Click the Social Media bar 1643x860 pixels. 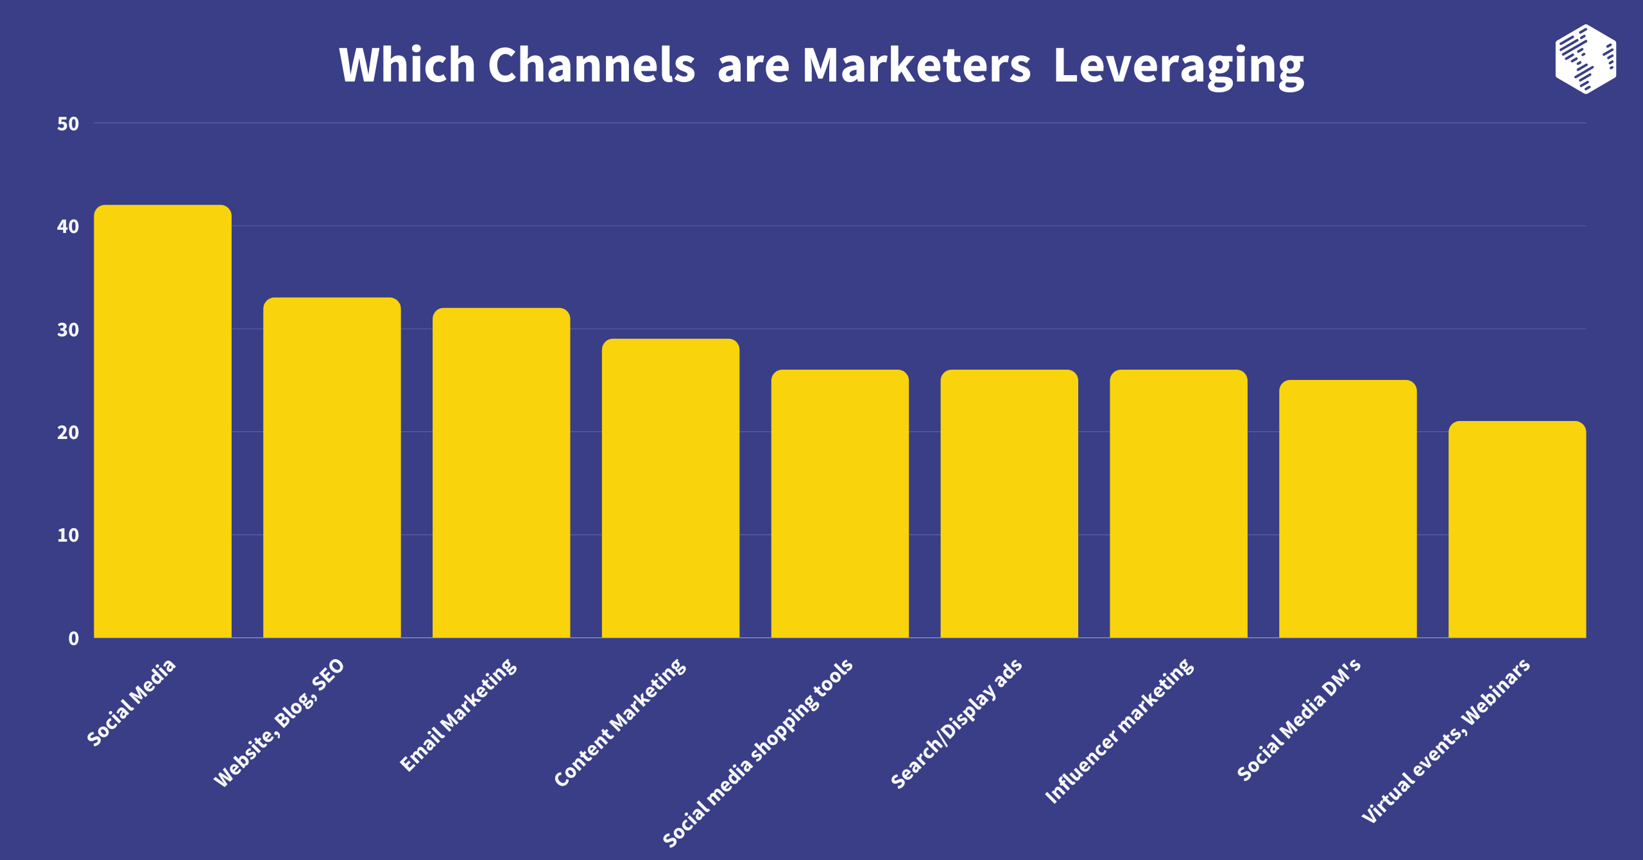point(162,421)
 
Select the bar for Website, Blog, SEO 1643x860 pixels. point(332,467)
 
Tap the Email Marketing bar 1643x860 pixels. point(501,472)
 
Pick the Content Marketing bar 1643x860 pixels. point(671,488)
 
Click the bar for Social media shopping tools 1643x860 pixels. point(840,503)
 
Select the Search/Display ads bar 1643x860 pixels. point(1010,503)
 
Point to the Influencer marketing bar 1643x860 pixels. point(1179,503)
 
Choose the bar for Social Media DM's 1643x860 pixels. point(1348,508)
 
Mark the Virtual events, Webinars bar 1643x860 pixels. point(1517,529)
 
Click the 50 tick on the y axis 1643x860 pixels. point(68,124)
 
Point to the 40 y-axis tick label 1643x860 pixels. point(68,227)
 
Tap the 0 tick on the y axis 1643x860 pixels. point(74,639)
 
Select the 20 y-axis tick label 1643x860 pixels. point(68,433)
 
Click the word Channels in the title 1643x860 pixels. point(591,65)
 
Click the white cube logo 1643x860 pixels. point(1585,59)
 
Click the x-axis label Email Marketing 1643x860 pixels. point(458,714)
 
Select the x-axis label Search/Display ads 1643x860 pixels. point(956,723)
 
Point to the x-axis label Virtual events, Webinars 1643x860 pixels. point(1445,741)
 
